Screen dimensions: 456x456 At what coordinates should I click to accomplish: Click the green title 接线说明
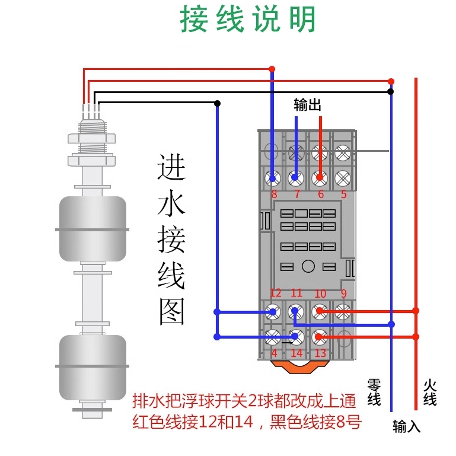(x=248, y=21)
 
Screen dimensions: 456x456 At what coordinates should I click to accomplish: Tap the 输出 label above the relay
(x=307, y=106)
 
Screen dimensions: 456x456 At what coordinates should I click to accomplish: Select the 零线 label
(x=374, y=392)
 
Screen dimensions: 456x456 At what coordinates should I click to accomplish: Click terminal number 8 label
(x=274, y=194)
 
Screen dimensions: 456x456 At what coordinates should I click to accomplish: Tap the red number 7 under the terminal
(x=296, y=194)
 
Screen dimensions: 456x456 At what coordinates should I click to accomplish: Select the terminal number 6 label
(x=321, y=194)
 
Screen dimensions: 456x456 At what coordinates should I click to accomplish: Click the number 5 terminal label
(x=343, y=194)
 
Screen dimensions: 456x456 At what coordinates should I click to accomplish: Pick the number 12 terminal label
(x=276, y=293)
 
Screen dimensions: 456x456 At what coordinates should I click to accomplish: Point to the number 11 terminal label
(x=296, y=293)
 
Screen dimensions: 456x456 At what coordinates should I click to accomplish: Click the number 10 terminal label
(x=320, y=294)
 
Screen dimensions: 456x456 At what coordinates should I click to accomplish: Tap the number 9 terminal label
(x=343, y=293)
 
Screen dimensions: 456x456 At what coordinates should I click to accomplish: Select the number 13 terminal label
(x=320, y=353)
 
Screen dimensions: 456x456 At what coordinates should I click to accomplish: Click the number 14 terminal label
(x=296, y=353)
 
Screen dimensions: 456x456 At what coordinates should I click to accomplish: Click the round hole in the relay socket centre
(x=307, y=266)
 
